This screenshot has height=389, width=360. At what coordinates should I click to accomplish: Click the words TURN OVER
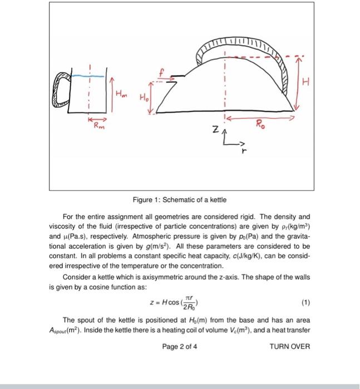click(289, 346)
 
